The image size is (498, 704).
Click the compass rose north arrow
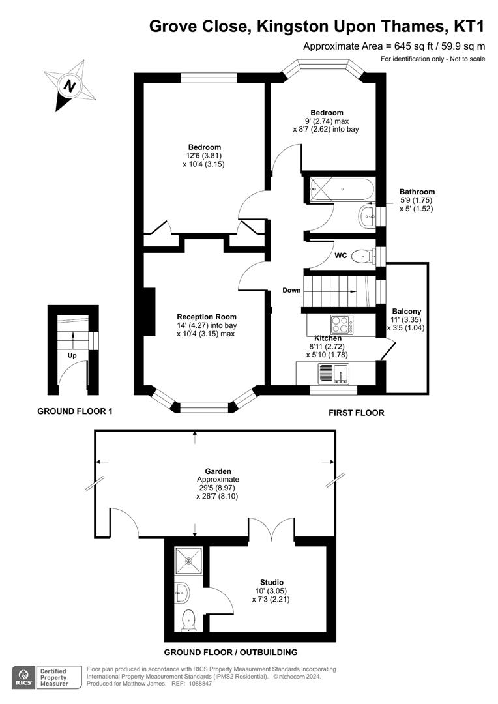(68, 85)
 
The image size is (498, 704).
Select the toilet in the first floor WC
(362, 257)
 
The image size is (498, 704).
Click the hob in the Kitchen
(341, 324)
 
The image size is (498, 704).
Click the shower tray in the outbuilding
(189, 560)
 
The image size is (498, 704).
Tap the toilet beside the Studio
(189, 620)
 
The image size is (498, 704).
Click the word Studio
(272, 582)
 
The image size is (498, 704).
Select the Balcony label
(406, 312)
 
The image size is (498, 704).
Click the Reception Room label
(207, 317)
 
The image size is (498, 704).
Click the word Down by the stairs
(291, 290)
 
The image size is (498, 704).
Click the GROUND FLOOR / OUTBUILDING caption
(230, 652)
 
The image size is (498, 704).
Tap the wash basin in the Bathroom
(366, 215)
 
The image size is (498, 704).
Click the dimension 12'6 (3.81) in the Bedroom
(204, 156)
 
